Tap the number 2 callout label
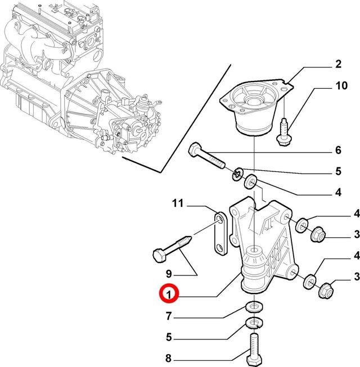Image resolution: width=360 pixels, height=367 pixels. (338, 65)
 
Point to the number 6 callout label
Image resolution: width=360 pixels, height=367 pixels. (338, 150)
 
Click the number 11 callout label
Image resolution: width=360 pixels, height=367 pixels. (178, 203)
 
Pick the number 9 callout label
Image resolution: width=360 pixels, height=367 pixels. (168, 274)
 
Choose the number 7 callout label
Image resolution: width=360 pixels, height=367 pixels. (168, 317)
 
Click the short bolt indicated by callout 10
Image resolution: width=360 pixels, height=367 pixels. (283, 131)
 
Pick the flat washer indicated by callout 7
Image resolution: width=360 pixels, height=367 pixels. (253, 307)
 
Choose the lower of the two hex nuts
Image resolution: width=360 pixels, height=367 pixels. (326, 291)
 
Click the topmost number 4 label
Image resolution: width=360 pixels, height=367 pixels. (338, 192)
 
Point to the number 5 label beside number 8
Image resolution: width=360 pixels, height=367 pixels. (168, 337)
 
